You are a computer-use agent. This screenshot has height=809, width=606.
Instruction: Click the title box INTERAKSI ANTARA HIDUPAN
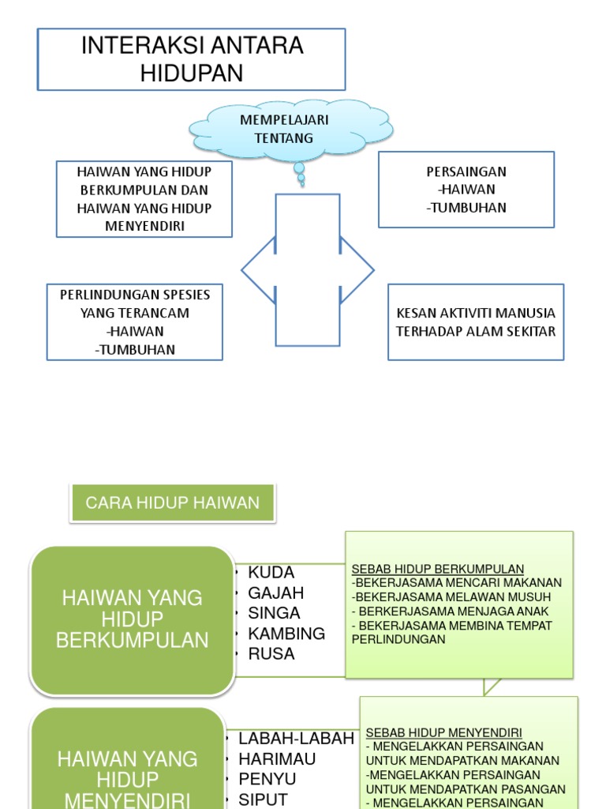point(192,59)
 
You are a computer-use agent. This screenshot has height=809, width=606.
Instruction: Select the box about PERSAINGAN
point(466,190)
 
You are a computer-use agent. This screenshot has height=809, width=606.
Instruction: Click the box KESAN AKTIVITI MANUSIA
point(476,322)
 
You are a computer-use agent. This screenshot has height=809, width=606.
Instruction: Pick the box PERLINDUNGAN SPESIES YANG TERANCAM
point(135,322)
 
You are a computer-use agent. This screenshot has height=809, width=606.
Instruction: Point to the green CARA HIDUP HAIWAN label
point(172,503)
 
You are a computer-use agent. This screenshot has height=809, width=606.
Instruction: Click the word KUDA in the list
point(271,573)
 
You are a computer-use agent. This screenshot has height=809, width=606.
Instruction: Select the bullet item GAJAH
point(275,593)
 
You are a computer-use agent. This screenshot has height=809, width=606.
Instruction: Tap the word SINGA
point(274,613)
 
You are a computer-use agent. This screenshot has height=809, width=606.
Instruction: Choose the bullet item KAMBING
point(286,634)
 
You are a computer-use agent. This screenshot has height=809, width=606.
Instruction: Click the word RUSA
point(271,654)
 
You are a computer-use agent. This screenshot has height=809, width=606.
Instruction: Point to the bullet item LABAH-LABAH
point(296,739)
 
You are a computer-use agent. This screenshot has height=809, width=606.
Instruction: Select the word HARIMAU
point(277,759)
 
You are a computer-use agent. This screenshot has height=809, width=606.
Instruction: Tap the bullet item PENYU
point(267,780)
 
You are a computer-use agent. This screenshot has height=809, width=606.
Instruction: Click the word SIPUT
point(263,800)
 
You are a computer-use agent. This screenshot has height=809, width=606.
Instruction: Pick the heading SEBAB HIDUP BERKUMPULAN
point(438,570)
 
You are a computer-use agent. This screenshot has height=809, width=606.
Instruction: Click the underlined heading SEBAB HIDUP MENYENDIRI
point(443,732)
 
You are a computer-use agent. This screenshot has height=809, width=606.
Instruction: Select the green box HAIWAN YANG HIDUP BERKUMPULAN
point(133,619)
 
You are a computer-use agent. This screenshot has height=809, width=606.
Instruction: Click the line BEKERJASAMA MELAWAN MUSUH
point(457,597)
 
